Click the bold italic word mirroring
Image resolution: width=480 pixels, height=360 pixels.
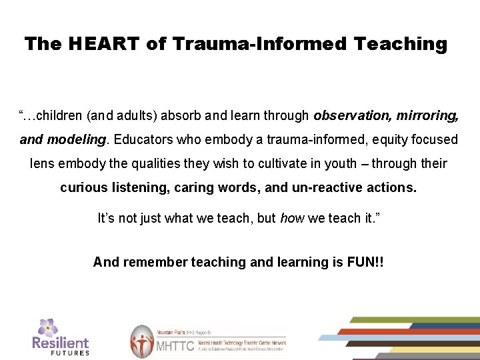point(427,115)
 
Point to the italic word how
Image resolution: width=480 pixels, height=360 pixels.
point(291,218)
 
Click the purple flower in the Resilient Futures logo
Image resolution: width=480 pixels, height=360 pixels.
point(47,327)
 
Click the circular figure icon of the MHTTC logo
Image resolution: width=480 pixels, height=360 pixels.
point(141,341)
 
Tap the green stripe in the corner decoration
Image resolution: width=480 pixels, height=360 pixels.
point(413,320)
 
